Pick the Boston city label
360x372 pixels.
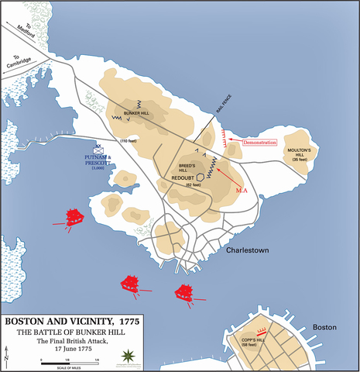[x=325, y=328]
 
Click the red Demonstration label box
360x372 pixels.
[x=259, y=143]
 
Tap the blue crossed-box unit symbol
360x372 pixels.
[x=98, y=152]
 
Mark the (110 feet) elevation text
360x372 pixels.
[x=129, y=141]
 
